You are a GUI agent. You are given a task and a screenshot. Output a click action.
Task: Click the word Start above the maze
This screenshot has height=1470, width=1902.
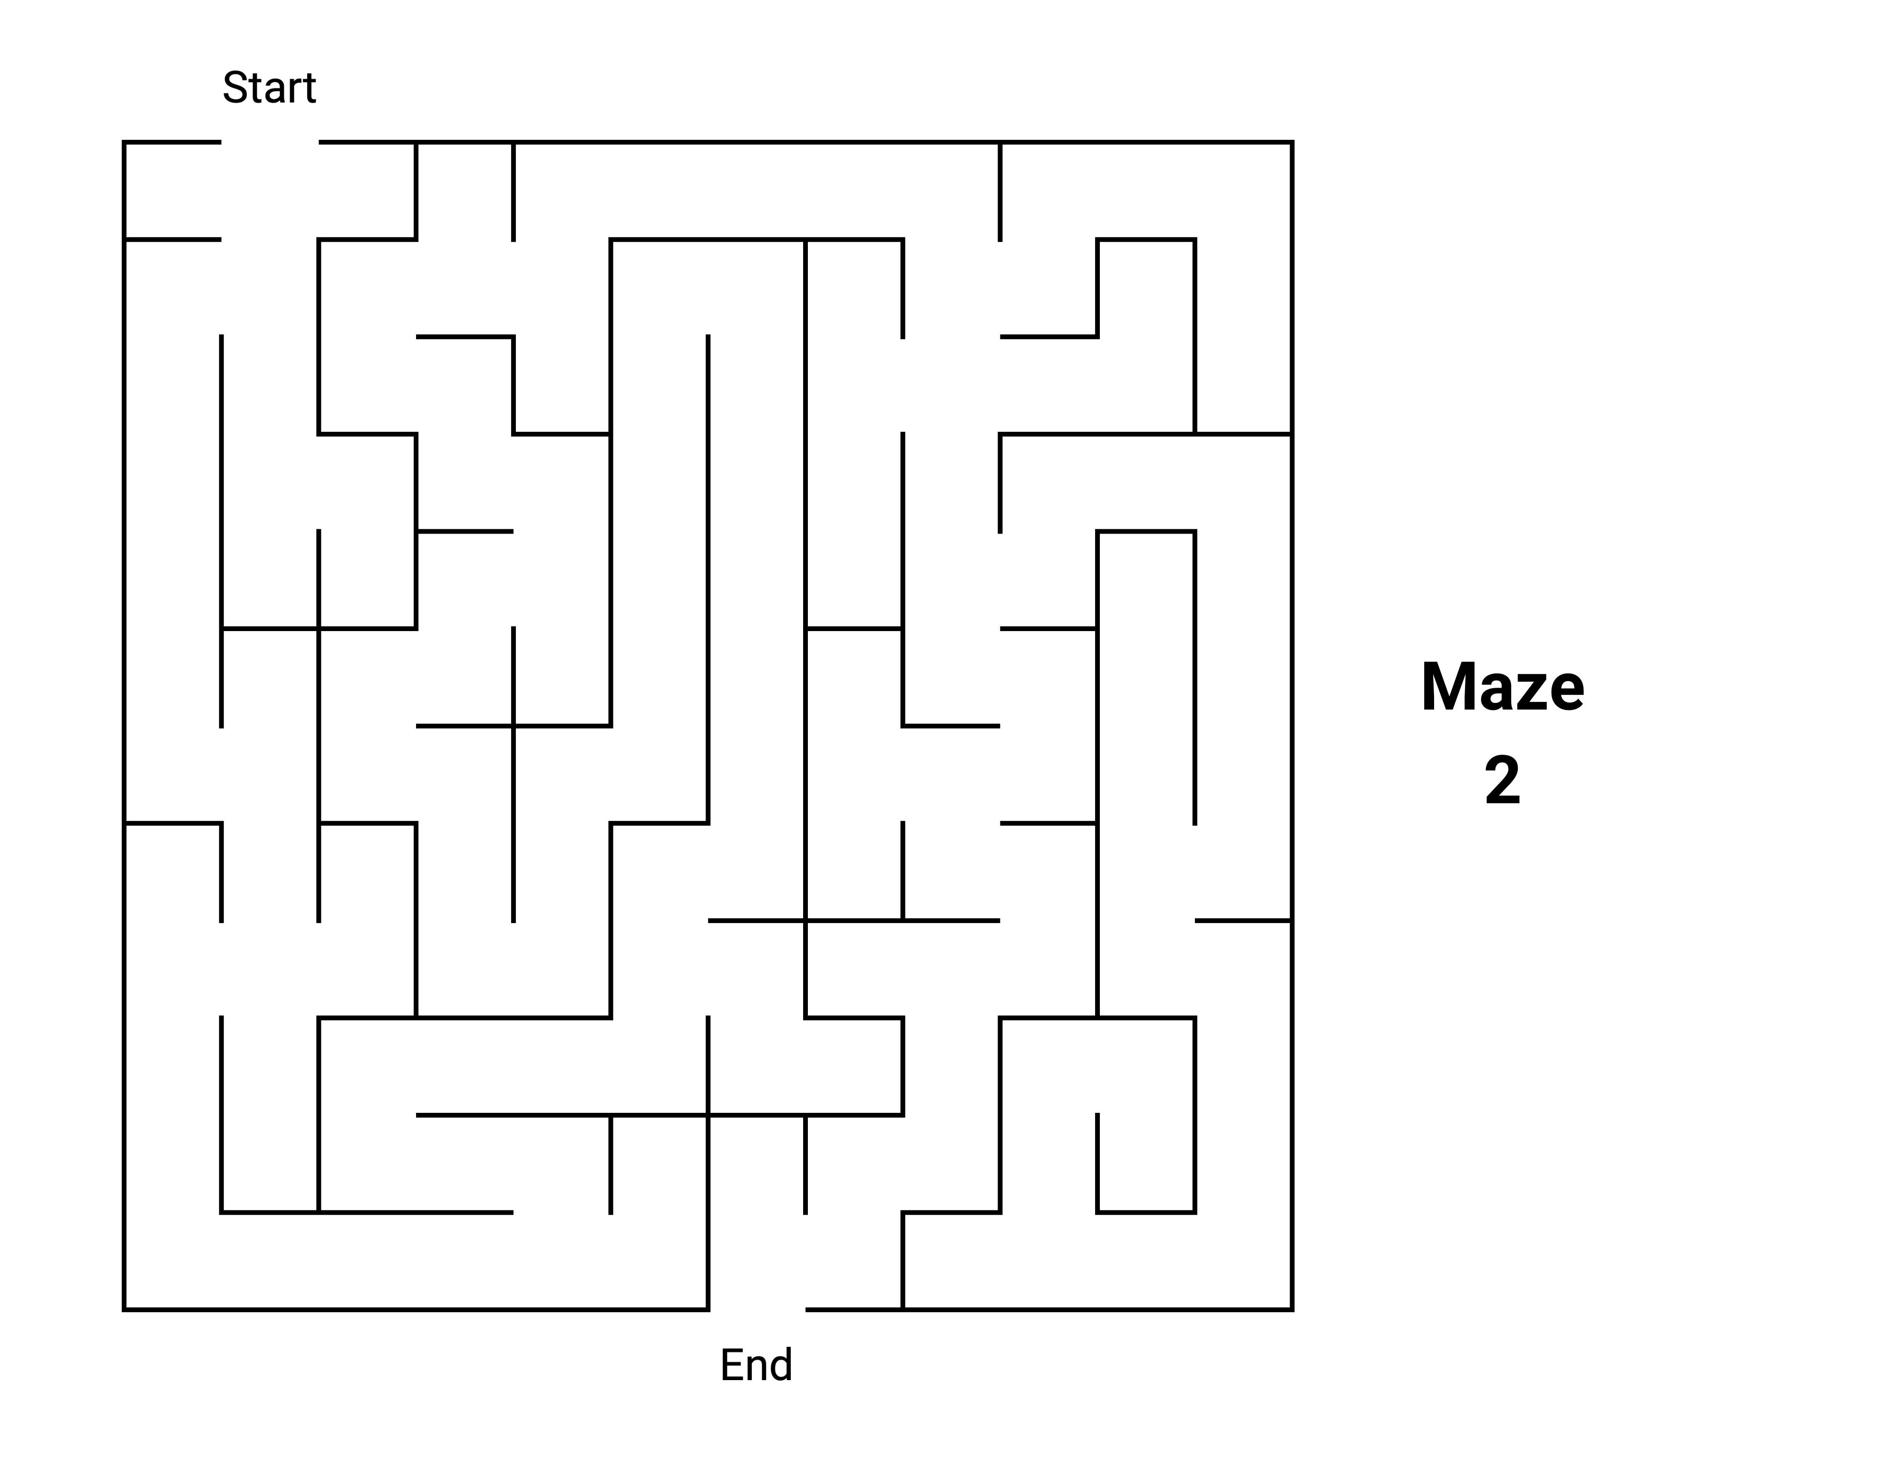click(x=269, y=88)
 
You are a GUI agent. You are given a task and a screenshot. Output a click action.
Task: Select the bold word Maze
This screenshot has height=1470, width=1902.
click(x=1502, y=688)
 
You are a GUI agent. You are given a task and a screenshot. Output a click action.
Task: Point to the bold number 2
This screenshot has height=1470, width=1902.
click(x=1502, y=781)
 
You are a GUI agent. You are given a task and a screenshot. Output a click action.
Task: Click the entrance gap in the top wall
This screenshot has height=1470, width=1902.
click(x=270, y=142)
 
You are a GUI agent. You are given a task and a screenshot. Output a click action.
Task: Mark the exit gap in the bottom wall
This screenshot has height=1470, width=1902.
click(x=757, y=1309)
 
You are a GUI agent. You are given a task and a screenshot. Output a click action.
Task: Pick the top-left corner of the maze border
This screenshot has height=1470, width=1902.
click(x=125, y=142)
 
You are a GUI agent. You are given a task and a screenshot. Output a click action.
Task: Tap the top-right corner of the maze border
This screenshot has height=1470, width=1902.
click(x=1291, y=142)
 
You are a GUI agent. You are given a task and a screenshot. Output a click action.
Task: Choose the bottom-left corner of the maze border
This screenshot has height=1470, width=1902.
click(x=125, y=1309)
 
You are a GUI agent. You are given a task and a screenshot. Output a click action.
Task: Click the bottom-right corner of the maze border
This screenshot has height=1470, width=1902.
click(x=1291, y=1309)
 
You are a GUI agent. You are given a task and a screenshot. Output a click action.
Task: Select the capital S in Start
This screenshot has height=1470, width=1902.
click(x=235, y=88)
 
